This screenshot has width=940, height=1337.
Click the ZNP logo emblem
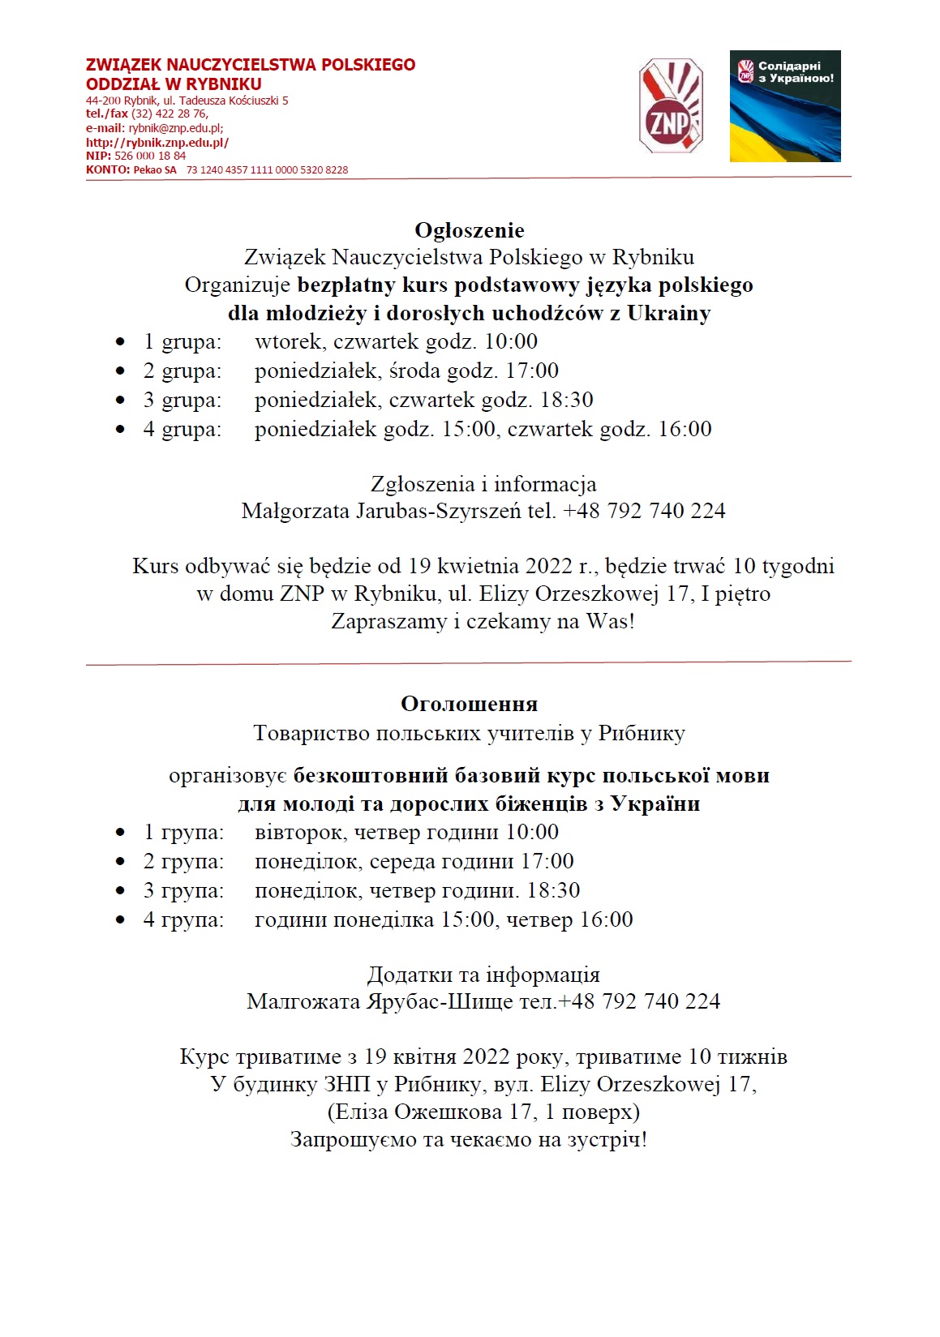pyautogui.click(x=671, y=105)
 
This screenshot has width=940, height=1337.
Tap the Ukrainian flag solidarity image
pyautogui.click(x=784, y=106)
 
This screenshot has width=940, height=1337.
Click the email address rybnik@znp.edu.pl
pyautogui.click(x=175, y=128)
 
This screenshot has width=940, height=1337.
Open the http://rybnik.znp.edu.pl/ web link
pyautogui.click(x=157, y=143)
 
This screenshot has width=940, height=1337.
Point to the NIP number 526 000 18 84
pyautogui.click(x=150, y=156)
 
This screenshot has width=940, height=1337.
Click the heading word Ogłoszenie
pyautogui.click(x=470, y=230)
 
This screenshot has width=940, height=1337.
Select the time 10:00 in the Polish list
pyautogui.click(x=511, y=341)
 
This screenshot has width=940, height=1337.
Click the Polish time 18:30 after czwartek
pyautogui.click(x=567, y=400)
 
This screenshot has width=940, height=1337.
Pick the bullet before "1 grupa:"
pyautogui.click(x=121, y=342)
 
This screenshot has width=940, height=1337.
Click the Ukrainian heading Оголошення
pyautogui.click(x=470, y=704)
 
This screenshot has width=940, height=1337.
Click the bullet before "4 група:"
pyautogui.click(x=121, y=920)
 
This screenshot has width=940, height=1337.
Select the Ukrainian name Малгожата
pyautogui.click(x=303, y=1001)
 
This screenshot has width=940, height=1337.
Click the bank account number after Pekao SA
pyautogui.click(x=267, y=170)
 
